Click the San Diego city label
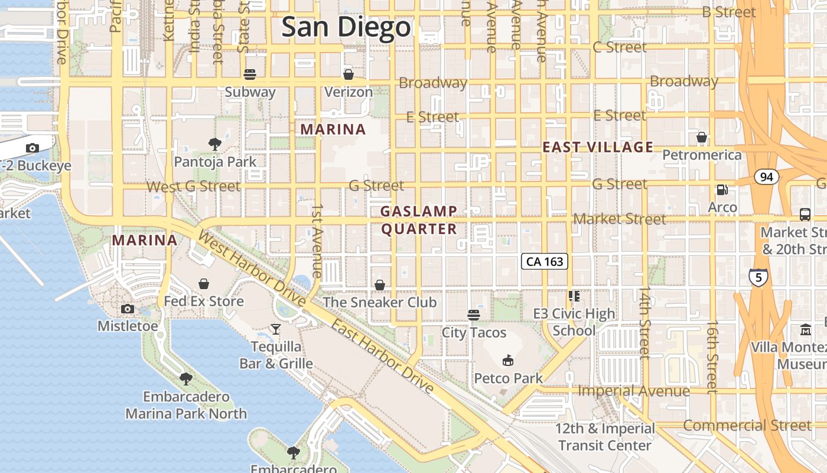click(346, 27)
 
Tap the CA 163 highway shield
click(545, 261)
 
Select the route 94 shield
click(766, 177)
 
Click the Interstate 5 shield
click(758, 277)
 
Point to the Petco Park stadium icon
click(507, 360)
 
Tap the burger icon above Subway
click(250, 74)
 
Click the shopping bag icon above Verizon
click(349, 74)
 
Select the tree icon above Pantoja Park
click(215, 144)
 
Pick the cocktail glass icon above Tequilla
click(276, 329)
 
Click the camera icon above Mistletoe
click(127, 309)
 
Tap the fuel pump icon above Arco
click(722, 190)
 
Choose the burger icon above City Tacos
click(474, 315)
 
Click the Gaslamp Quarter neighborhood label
click(419, 220)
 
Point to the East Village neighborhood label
click(598, 147)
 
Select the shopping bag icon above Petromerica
click(702, 137)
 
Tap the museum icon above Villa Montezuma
click(806, 329)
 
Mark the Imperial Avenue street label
click(633, 391)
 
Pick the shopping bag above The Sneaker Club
click(380, 285)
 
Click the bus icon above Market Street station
click(805, 214)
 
